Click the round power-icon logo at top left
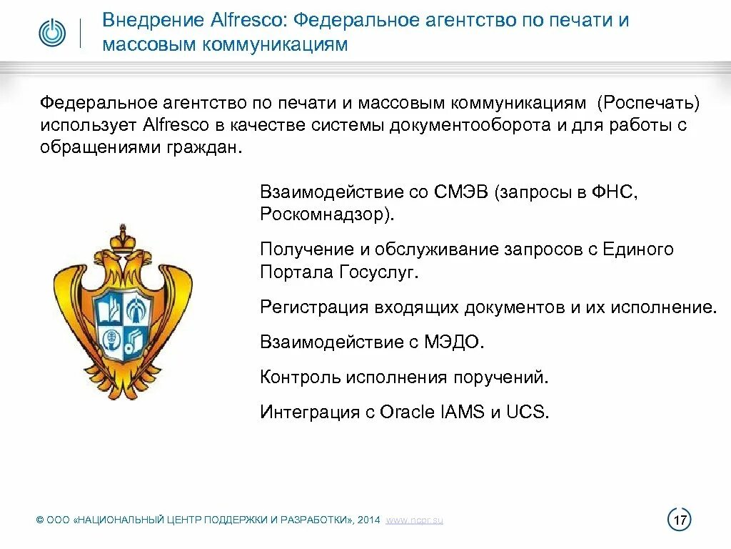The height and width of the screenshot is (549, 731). click(x=51, y=33)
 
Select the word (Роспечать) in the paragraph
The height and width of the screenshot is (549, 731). click(x=650, y=104)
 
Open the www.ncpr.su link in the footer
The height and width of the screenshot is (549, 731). click(x=414, y=520)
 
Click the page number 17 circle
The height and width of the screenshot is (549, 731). click(x=679, y=520)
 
